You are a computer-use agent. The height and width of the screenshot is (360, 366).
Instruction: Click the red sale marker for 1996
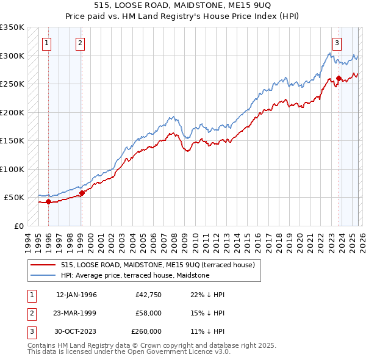(x=48, y=202)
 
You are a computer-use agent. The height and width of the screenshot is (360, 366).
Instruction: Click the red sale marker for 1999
(x=82, y=193)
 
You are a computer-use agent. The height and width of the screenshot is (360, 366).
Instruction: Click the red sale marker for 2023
(x=339, y=78)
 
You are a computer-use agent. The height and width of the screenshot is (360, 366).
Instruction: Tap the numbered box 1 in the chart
(x=48, y=43)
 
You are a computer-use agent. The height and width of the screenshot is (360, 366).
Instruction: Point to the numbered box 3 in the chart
(x=337, y=43)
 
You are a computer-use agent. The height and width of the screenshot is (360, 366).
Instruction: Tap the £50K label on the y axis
(x=14, y=198)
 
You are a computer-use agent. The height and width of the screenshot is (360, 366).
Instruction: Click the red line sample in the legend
(x=43, y=265)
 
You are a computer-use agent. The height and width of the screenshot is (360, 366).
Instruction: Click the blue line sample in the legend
(x=43, y=275)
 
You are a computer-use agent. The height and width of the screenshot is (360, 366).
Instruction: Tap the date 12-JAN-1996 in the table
(x=76, y=295)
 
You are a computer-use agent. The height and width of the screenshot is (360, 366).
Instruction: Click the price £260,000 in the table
(x=146, y=331)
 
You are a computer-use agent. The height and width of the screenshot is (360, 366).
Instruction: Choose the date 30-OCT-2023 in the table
(x=76, y=331)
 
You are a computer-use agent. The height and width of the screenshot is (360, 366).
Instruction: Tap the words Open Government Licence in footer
(x=181, y=352)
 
